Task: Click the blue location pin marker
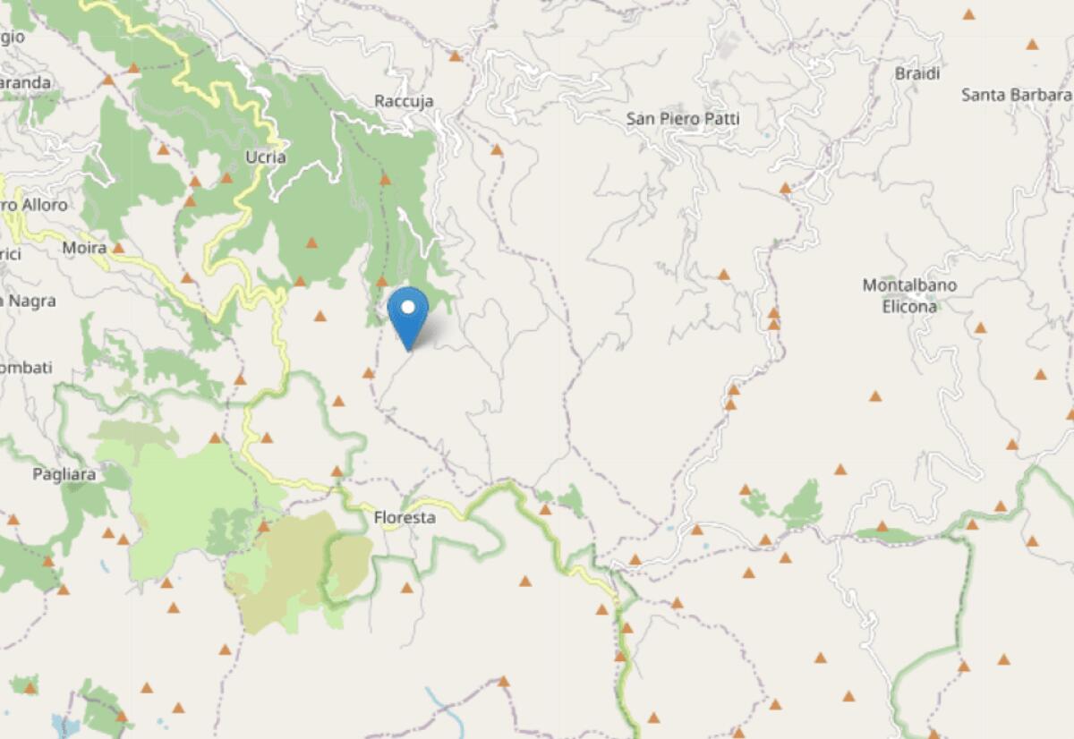409,317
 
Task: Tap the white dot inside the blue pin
409,308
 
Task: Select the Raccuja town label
404,101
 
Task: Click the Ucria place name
265,157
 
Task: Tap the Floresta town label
404,518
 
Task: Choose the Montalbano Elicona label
909,295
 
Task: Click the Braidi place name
917,74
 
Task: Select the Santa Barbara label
1016,95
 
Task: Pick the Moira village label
85,247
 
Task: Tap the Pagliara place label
64,475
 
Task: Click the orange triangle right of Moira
117,248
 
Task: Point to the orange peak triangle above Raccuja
455,56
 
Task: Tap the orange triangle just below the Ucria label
226,177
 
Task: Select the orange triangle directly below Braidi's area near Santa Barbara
1032,44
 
